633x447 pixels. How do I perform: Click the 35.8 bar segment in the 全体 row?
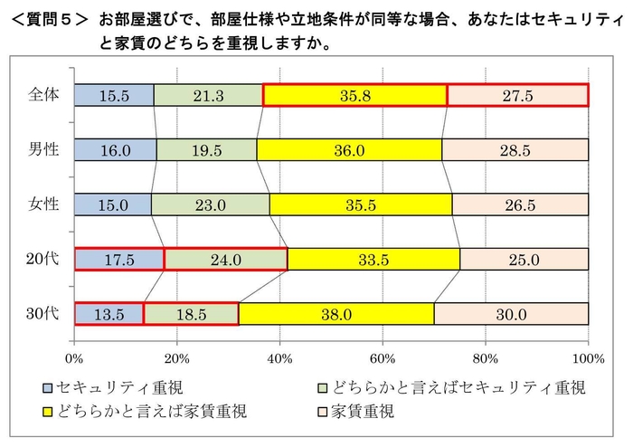[x=354, y=94]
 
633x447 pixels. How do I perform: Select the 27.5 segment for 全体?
[x=517, y=94]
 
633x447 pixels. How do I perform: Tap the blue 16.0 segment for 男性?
[x=115, y=149]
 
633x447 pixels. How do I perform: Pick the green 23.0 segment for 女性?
[x=210, y=204]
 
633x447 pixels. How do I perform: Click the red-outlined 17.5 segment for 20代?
[x=118, y=259]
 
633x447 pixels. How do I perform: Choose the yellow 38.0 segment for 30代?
[x=335, y=314]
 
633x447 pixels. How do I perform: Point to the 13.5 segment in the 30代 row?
[x=109, y=314]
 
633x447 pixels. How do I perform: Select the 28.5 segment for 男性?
[x=515, y=149]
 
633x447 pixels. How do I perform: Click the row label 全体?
[x=43, y=94]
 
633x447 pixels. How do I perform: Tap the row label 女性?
[x=43, y=204]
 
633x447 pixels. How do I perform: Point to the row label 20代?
[x=43, y=259]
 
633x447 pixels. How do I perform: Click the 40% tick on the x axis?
[x=279, y=344]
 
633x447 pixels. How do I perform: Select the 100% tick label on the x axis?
[x=588, y=344]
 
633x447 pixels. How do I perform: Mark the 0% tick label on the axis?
[x=74, y=344]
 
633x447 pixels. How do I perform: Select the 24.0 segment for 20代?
[x=225, y=259]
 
